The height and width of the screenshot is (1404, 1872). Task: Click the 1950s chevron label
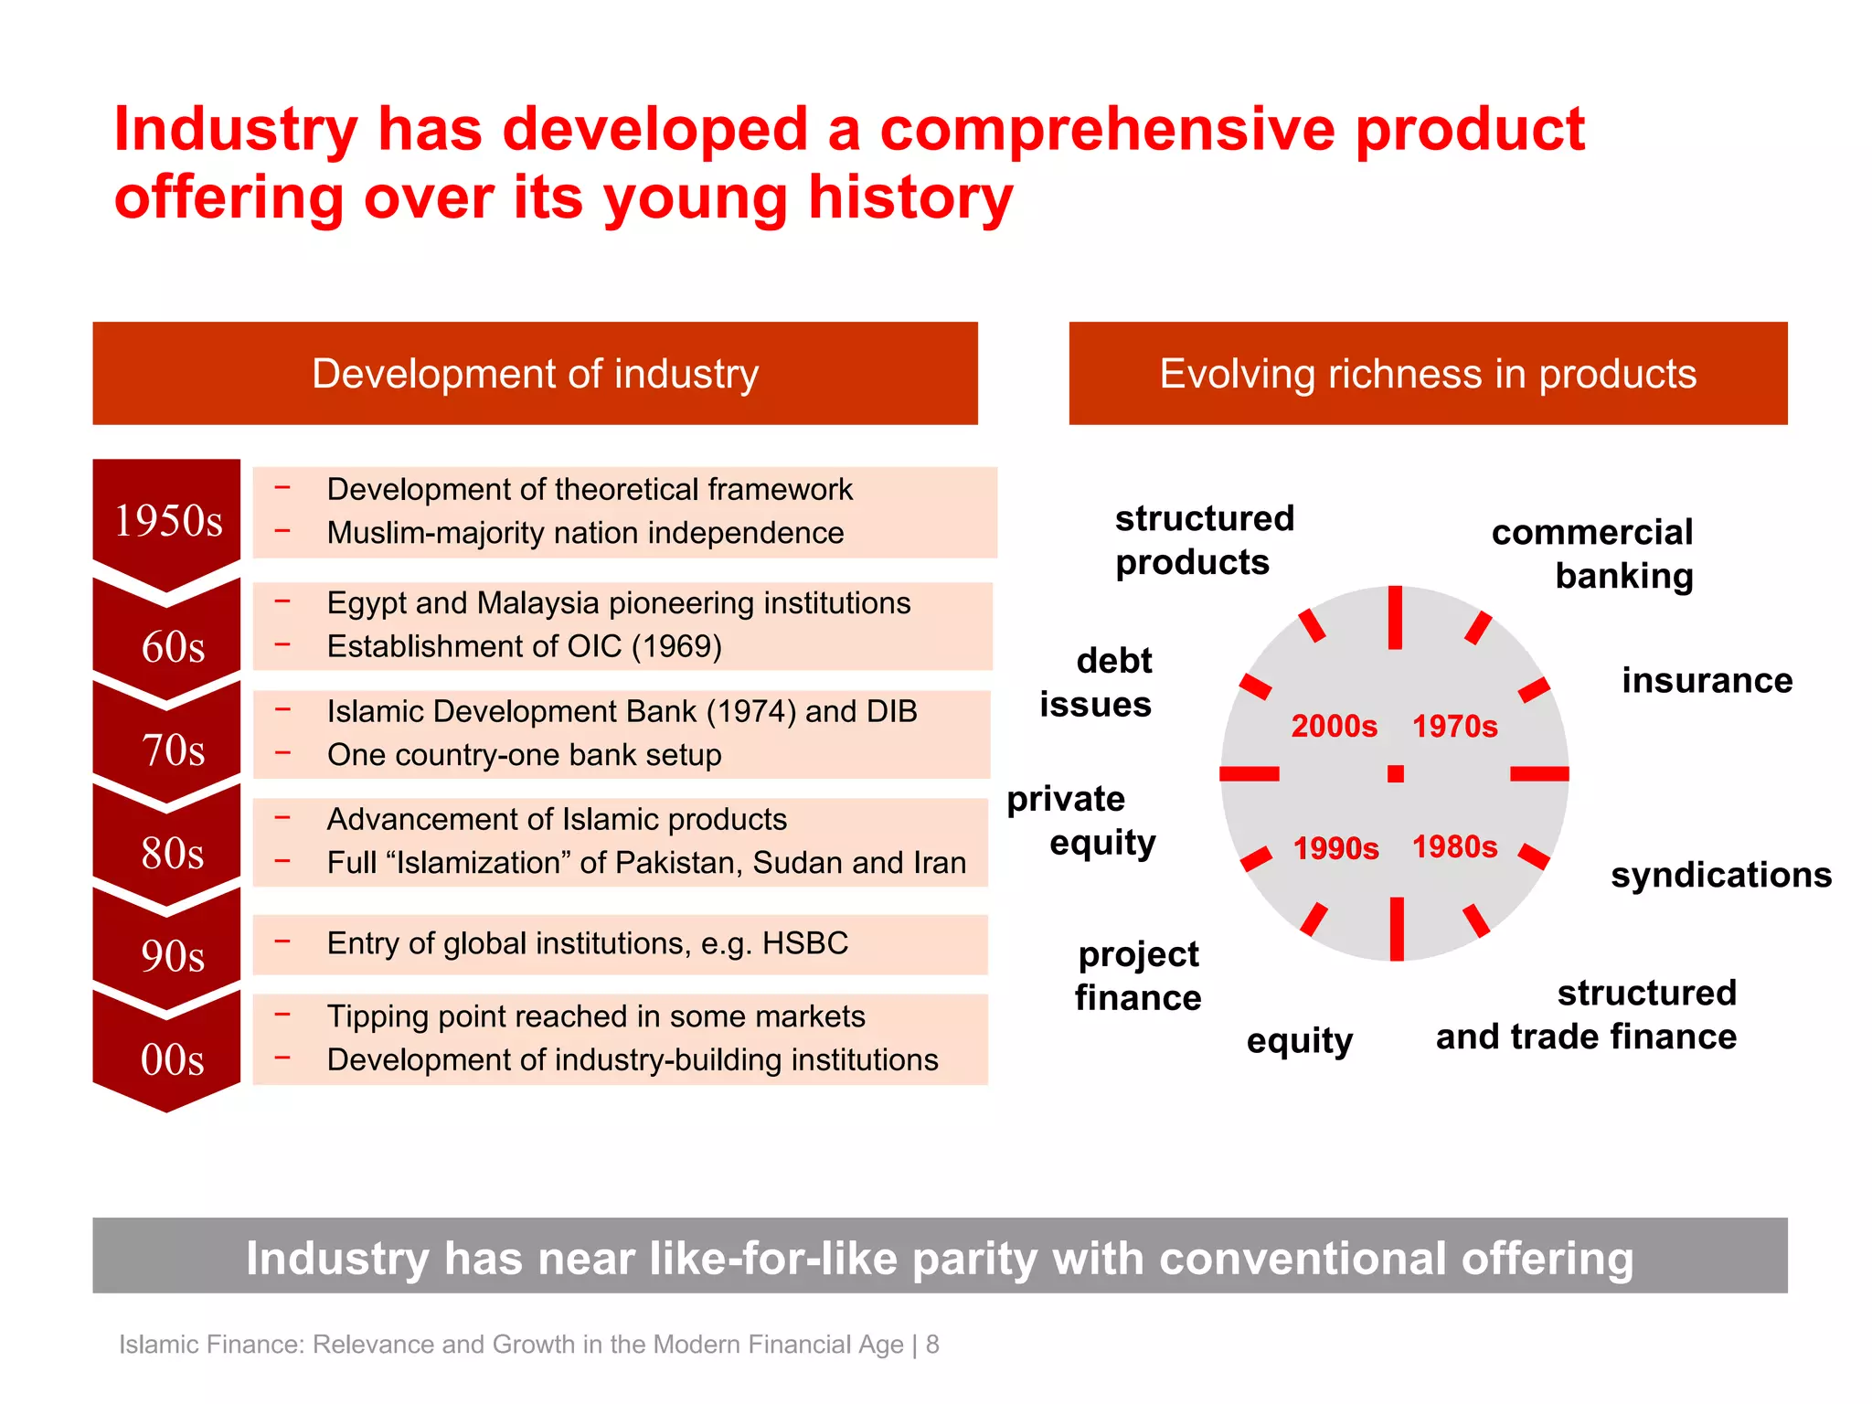click(168, 521)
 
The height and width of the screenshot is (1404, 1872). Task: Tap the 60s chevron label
click(173, 647)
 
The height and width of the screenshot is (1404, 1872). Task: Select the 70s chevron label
click(173, 750)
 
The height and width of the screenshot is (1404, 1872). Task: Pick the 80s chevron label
click(173, 853)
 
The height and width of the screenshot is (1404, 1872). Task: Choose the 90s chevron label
click(173, 956)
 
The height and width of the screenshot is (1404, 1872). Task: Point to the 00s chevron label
click(173, 1059)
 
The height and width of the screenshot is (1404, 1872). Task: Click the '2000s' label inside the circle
click(1334, 727)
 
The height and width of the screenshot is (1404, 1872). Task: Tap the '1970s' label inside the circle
click(1455, 727)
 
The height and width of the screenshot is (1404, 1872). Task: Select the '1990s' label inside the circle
click(1335, 848)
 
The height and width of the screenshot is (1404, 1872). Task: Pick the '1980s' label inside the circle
click(1455, 847)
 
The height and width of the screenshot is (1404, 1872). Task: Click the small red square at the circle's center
click(1396, 774)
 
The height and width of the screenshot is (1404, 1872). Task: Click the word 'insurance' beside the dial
click(1707, 681)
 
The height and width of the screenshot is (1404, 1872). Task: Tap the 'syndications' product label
click(1721, 876)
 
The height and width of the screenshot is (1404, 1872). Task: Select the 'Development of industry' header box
click(535, 373)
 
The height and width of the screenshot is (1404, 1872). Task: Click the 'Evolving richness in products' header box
click(1428, 373)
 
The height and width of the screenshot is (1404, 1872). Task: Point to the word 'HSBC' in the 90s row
click(805, 943)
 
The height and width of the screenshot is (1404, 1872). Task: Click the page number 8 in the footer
click(932, 1345)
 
